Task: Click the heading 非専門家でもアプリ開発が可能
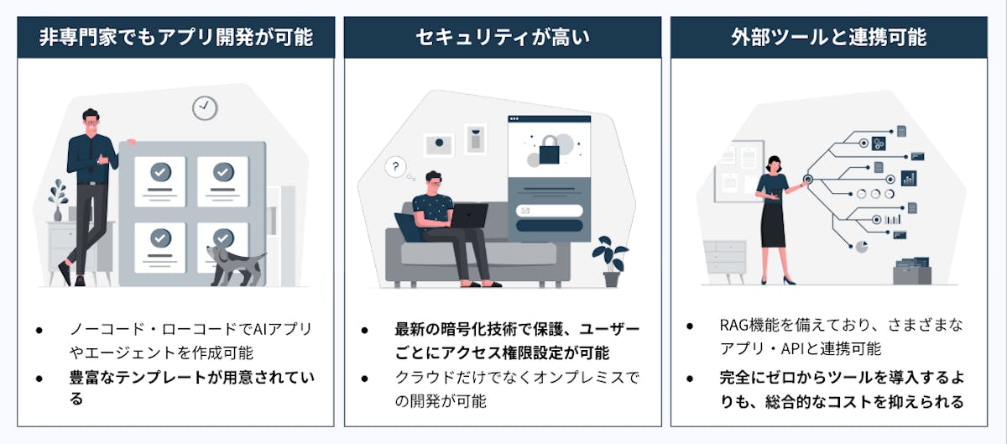pos(175,38)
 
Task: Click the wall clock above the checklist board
pos(204,107)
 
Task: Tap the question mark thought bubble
pos(394,167)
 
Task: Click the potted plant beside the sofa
pos(610,259)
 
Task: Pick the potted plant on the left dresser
pos(57,201)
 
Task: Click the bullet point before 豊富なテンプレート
pos(39,378)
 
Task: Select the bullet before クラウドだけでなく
pos(364,378)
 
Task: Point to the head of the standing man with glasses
pos(91,120)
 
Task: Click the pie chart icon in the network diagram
pos(861,246)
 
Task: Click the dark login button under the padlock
pos(549,225)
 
